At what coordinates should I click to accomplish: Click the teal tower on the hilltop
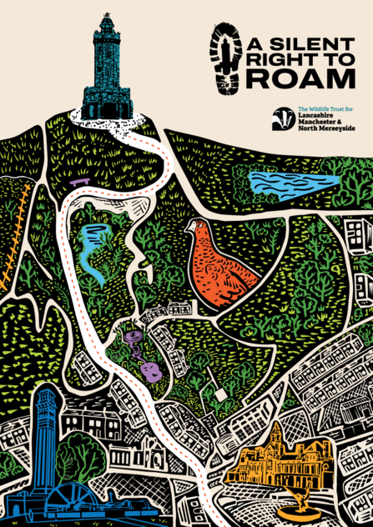(107, 71)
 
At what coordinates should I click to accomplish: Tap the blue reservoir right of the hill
(293, 182)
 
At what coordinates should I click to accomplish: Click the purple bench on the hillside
(80, 180)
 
